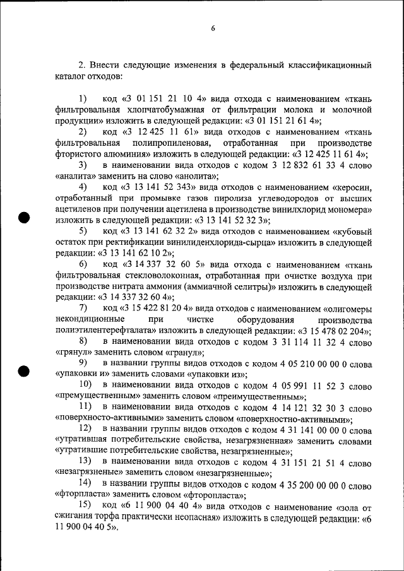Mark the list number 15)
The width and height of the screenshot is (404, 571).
(x=85, y=507)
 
